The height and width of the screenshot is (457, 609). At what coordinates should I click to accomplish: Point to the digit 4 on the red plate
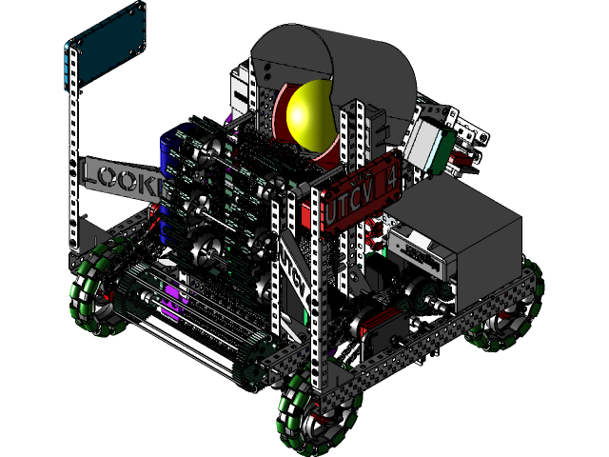(x=390, y=178)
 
